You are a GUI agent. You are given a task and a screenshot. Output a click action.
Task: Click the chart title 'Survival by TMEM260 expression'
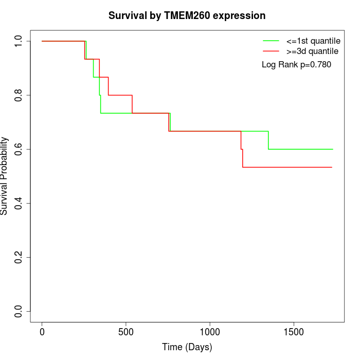coord(187,16)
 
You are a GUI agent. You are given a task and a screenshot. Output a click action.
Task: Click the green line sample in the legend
coord(271,41)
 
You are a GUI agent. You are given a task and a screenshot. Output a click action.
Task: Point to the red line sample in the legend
coord(271,51)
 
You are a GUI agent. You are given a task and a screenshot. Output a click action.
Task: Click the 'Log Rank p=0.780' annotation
coord(296,65)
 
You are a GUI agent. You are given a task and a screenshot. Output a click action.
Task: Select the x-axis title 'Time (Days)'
coord(187,347)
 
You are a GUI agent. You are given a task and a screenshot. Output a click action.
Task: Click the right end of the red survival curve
coord(332,167)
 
